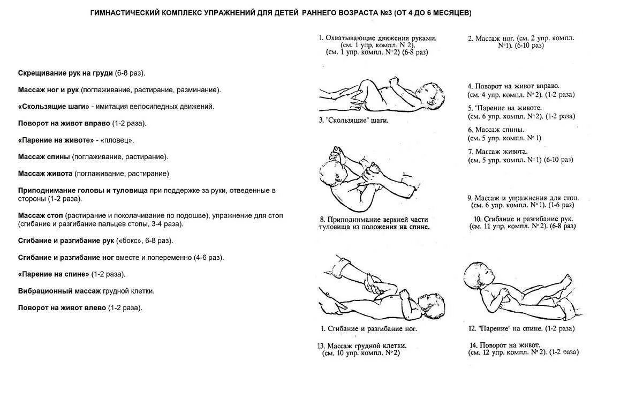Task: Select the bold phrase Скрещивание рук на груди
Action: point(65,73)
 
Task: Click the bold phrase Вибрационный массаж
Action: point(59,291)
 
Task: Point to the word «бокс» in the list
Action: point(127,241)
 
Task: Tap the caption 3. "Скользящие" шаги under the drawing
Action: point(353,120)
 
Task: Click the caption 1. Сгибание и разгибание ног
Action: point(368,328)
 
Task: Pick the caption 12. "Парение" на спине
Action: point(525,328)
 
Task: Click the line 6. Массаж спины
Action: point(496,130)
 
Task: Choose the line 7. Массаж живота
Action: point(498,152)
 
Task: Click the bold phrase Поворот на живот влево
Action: point(63,308)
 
